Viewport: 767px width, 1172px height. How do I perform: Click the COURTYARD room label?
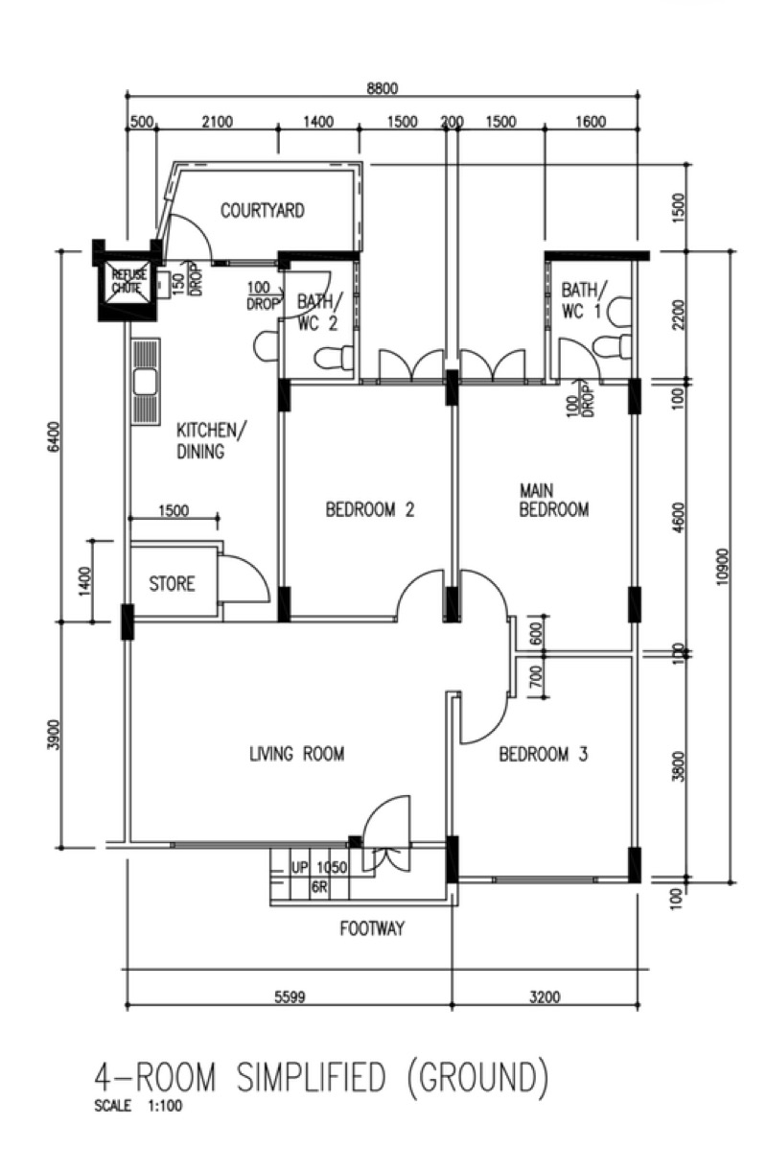coord(262,210)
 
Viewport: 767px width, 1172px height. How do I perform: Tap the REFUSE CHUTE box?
coord(127,283)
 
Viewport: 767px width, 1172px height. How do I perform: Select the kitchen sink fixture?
coord(146,382)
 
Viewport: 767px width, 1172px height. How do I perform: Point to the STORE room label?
coord(172,583)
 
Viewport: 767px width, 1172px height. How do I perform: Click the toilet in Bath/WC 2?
coord(335,359)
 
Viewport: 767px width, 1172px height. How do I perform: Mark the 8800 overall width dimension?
coord(382,88)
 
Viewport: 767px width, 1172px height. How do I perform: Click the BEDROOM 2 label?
coord(369,509)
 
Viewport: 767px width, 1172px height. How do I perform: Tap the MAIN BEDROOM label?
coord(554,501)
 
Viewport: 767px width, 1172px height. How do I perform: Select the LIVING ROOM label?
coord(296,754)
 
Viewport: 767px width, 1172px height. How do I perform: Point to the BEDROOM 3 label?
coord(543,754)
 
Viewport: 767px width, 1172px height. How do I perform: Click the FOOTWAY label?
coord(372,928)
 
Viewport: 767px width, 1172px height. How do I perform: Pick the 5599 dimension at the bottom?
coord(290,996)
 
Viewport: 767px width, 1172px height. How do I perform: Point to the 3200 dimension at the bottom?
coord(545,996)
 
